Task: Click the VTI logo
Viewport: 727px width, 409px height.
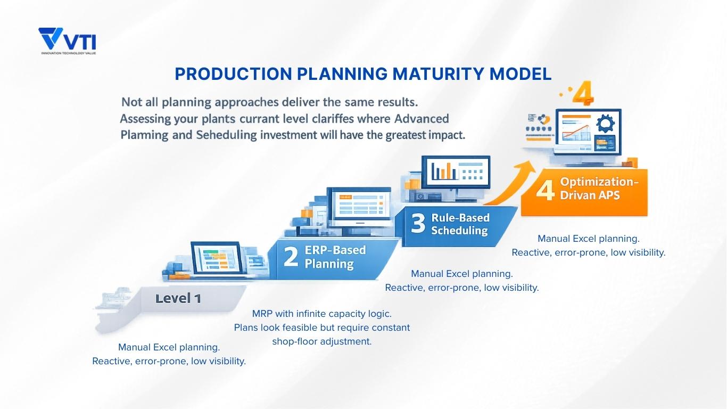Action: coord(67,39)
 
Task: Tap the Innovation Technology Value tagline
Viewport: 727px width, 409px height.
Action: coord(68,53)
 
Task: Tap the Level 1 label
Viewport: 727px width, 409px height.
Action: coord(178,299)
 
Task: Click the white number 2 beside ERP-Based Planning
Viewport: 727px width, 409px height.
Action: coord(291,257)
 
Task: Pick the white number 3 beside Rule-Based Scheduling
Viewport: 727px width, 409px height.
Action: coord(418,224)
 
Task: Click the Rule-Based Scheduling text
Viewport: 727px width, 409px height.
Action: coord(460,224)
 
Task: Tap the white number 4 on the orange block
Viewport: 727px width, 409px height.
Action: coord(545,190)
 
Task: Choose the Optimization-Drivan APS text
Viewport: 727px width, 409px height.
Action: coord(598,189)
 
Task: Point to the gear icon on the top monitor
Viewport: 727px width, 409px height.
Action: coord(605,124)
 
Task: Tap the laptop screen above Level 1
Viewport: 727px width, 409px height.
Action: coord(214,259)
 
